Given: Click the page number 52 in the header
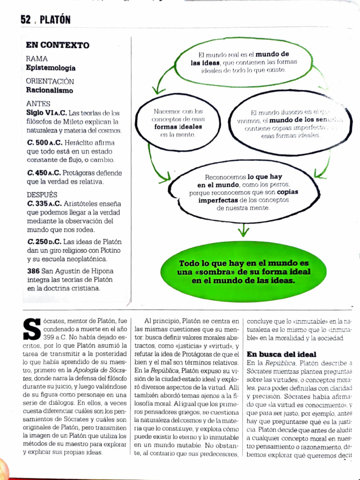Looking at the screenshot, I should [25, 19].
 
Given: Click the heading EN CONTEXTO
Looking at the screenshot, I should [57, 45].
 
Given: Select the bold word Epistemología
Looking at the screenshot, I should [51, 68].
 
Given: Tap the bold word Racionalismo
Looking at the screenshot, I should [49, 90].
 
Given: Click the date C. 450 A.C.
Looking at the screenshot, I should [44, 172].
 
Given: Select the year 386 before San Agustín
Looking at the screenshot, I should [33, 271].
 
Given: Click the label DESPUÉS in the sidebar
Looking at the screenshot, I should [42, 195].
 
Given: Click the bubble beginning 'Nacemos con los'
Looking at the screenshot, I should [178, 123].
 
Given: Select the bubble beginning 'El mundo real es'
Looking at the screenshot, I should [243, 62].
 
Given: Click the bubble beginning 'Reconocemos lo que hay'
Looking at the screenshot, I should [243, 192].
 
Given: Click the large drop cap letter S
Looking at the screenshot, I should [31, 330].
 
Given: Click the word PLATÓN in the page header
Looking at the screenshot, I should [55, 20].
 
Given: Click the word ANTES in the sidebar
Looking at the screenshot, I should [38, 104].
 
